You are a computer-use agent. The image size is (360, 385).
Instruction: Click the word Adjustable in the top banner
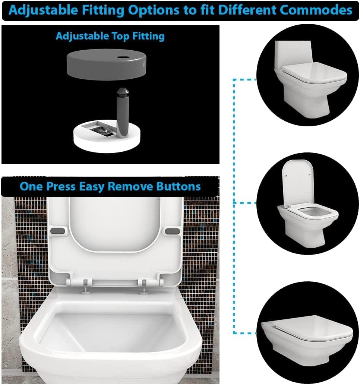click(43, 10)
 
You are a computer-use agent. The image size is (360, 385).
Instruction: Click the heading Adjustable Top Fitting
click(110, 36)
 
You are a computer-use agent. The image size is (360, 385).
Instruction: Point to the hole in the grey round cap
click(122, 57)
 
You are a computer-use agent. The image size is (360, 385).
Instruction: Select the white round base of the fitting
click(107, 137)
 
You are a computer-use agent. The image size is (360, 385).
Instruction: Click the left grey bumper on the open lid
click(58, 231)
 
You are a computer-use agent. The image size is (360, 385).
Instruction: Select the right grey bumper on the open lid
click(173, 231)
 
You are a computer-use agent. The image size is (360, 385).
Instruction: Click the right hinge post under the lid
click(143, 289)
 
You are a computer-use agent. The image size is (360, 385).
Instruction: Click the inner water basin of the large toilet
click(113, 331)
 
